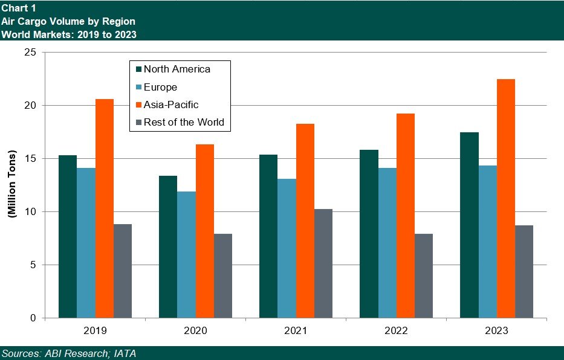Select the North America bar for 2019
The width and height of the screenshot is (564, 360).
pos(68,236)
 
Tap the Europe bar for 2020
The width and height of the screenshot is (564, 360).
pos(186,254)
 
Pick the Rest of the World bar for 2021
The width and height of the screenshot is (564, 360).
pos(323,263)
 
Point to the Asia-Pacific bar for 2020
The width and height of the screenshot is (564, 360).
pos(205,231)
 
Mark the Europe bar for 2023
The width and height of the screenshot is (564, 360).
pos(487,242)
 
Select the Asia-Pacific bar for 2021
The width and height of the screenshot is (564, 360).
pos(305,220)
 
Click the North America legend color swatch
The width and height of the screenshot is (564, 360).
pos(138,69)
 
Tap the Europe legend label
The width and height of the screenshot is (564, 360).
pos(160,87)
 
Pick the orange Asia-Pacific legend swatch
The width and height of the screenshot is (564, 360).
pos(138,104)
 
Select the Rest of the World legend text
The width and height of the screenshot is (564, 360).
pos(184,122)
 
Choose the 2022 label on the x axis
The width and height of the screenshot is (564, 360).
pos(396,331)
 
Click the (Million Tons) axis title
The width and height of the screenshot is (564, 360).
pos(11,185)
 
